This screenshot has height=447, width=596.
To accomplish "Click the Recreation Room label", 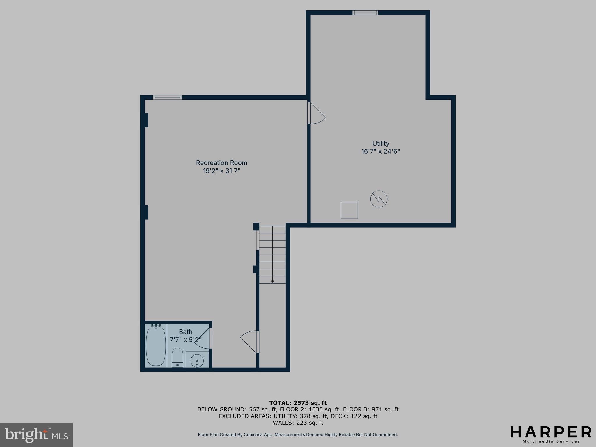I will (x=221, y=163).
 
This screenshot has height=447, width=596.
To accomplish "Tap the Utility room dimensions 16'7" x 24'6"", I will (x=381, y=151).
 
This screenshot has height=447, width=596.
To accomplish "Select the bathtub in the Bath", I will (x=156, y=345).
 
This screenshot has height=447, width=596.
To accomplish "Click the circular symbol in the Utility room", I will (x=379, y=199).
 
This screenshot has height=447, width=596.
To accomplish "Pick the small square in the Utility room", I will (x=349, y=210).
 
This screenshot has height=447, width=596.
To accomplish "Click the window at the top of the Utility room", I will (x=365, y=13).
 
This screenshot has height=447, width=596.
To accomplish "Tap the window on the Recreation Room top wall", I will (x=167, y=97).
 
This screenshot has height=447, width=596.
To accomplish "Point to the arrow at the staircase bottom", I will (x=272, y=281).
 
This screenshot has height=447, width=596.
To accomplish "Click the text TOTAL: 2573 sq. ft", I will (x=298, y=403).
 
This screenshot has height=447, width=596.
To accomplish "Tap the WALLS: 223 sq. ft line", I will (x=298, y=423).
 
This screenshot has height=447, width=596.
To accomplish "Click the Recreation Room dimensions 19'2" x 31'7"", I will (x=221, y=171).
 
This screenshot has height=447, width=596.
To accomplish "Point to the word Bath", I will (x=186, y=331).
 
